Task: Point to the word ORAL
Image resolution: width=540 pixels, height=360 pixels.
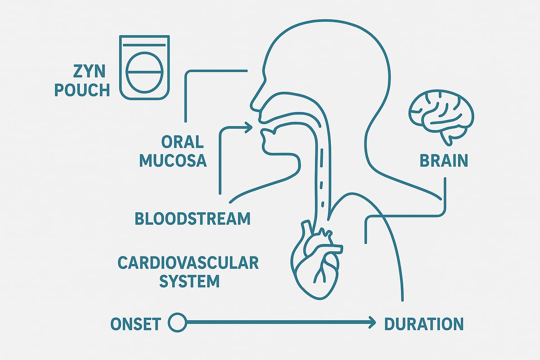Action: tap(182, 142)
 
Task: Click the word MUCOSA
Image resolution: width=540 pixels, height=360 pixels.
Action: tap(173, 161)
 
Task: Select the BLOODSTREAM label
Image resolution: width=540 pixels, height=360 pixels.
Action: tap(193, 219)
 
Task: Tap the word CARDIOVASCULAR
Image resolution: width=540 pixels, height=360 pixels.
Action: tap(188, 263)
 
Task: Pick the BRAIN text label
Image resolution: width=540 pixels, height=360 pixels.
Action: tap(444, 161)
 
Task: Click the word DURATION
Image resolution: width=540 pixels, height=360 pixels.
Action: tap(423, 324)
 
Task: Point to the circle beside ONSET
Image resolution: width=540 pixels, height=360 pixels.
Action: tap(177, 322)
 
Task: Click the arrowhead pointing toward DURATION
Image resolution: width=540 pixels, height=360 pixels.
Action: tap(371, 322)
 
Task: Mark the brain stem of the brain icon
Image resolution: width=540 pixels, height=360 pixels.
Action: tap(448, 138)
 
